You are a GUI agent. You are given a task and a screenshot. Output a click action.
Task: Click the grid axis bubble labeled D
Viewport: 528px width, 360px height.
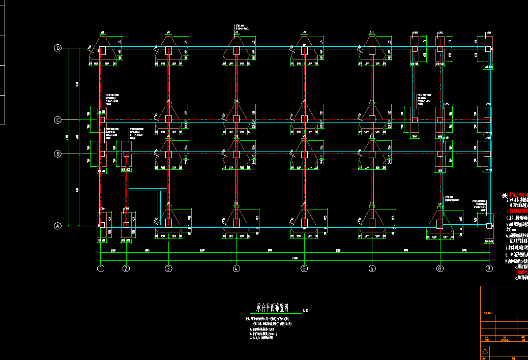pos(58,48)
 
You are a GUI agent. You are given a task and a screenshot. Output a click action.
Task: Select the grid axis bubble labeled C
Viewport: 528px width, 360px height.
pos(58,120)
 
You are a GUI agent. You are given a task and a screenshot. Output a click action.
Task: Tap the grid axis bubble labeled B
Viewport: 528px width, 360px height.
pos(58,153)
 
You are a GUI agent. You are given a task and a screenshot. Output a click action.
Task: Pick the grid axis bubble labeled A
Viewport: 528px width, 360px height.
pos(58,226)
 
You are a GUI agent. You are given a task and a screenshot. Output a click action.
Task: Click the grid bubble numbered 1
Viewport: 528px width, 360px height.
pos(101,268)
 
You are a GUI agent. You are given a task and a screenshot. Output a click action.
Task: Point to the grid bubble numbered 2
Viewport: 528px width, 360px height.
pos(126,268)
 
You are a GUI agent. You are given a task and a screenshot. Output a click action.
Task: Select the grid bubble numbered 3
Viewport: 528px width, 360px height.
pos(168,268)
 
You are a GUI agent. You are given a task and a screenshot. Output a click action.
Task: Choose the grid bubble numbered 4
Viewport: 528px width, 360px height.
pos(236,268)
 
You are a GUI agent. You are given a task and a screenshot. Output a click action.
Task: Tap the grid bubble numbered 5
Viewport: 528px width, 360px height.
pos(304,268)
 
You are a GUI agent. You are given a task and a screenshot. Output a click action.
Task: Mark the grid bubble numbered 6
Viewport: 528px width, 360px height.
pos(372,268)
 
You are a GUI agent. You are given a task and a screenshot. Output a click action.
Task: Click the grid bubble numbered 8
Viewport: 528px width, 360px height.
pos(440,268)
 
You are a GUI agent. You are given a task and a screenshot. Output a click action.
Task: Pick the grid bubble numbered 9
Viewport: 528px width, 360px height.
pos(489,268)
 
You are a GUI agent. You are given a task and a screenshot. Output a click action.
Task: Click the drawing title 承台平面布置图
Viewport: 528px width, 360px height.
pos(272,308)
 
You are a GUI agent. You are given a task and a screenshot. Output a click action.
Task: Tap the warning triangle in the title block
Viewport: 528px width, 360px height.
pos(485,351)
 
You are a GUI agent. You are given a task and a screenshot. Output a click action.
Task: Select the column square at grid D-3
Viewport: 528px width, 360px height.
pos(168,50)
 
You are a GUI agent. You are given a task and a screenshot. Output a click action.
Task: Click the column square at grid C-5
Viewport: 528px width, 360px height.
pos(304,119)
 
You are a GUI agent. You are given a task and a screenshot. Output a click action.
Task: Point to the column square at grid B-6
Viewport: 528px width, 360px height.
pos(372,154)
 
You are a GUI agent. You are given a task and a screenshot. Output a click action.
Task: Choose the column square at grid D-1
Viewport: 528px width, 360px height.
pos(102,50)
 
